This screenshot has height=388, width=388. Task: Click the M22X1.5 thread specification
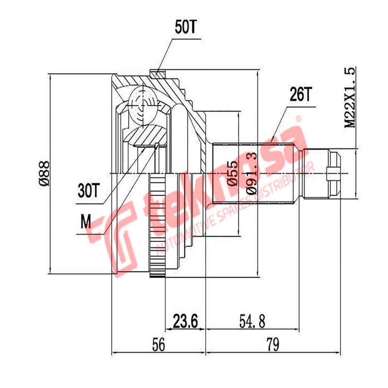pos(350,97)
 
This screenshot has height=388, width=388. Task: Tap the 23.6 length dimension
pos(186,321)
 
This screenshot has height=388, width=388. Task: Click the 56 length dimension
pos(159,345)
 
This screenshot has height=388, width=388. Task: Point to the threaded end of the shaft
pos(335,174)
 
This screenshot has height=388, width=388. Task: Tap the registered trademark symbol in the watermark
pos(299,118)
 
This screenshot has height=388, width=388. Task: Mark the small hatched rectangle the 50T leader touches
pos(157,74)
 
